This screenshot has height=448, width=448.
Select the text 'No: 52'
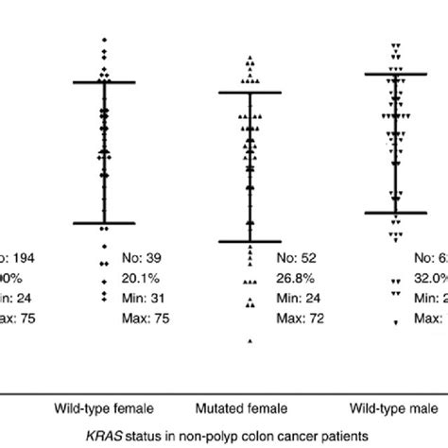tap(296, 257)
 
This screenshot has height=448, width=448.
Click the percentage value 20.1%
tap(144, 278)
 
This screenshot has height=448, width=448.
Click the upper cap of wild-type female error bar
tap(105, 83)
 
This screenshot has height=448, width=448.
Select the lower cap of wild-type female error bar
tap(105, 223)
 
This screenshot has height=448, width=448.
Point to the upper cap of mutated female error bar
tap(250, 93)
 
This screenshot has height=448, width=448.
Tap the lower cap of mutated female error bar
tap(250, 242)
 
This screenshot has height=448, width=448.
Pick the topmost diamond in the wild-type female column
tap(105, 41)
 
